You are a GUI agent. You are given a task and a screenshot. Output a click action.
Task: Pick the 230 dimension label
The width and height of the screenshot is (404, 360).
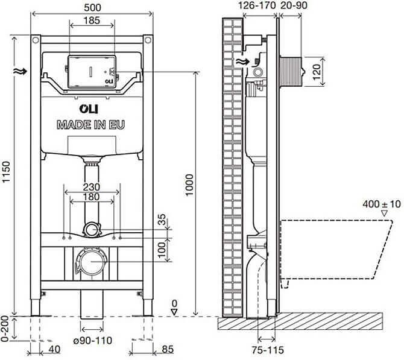[92, 187]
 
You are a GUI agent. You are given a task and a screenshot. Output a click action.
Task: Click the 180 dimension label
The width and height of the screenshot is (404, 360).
[92, 198]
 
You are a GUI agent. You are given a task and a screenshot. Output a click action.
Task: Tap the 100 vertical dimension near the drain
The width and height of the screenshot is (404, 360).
[161, 248]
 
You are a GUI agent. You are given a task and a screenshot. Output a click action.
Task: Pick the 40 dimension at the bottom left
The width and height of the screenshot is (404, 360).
[55, 348]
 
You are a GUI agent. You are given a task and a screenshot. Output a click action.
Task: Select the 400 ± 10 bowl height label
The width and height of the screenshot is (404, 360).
[382, 204]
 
